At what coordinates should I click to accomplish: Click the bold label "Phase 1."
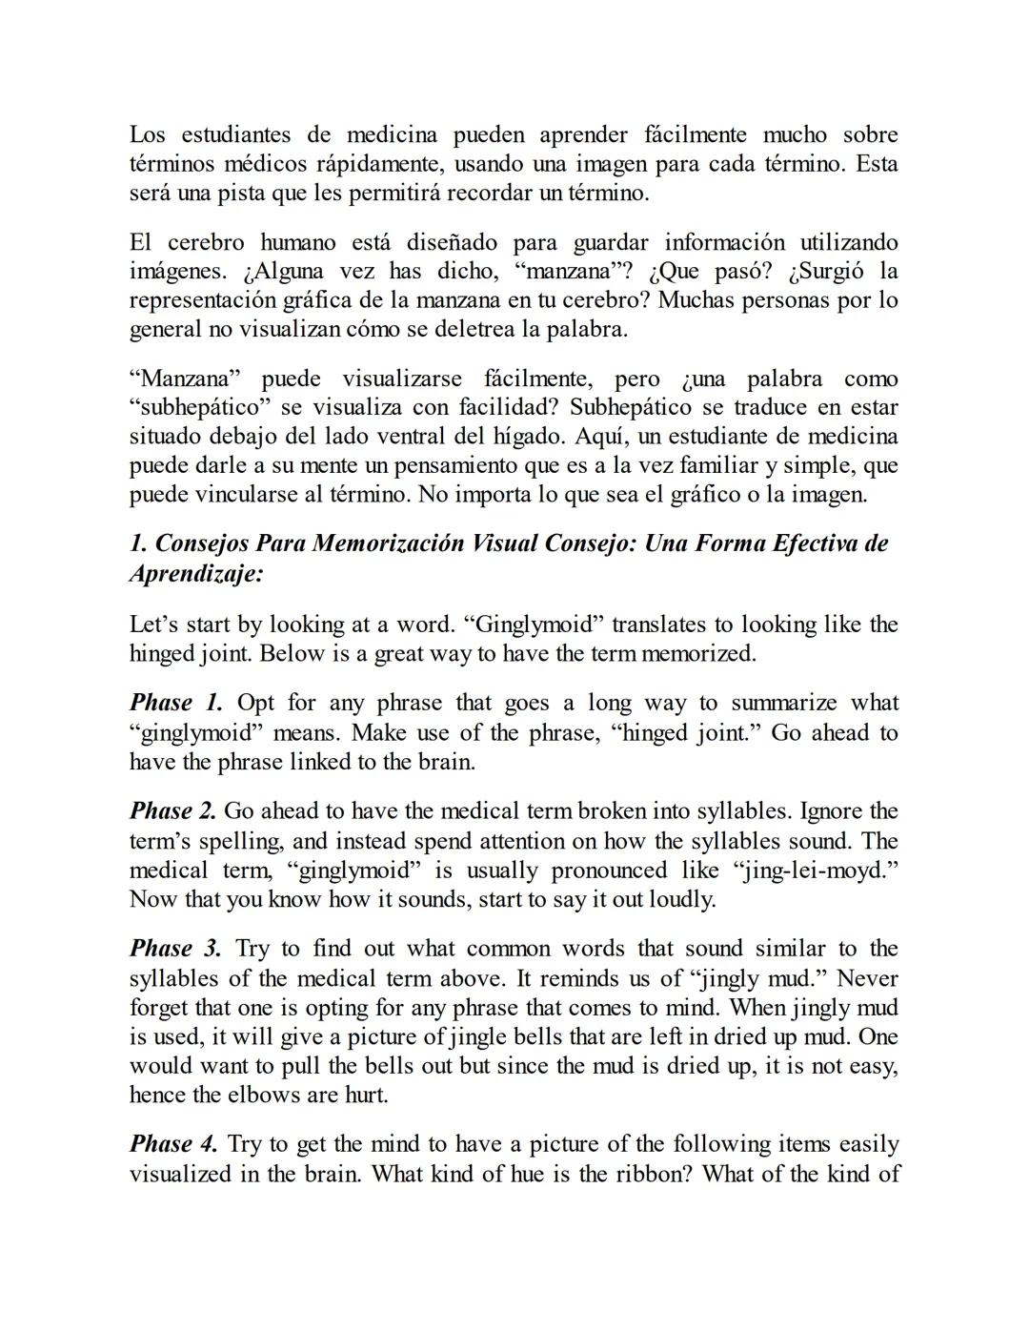point(176,704)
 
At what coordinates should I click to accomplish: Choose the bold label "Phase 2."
point(173,811)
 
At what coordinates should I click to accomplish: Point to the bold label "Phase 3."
point(176,949)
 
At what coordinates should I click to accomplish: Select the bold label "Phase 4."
point(174,1144)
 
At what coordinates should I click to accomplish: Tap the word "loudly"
point(677,899)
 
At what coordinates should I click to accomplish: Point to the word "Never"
point(868,978)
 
